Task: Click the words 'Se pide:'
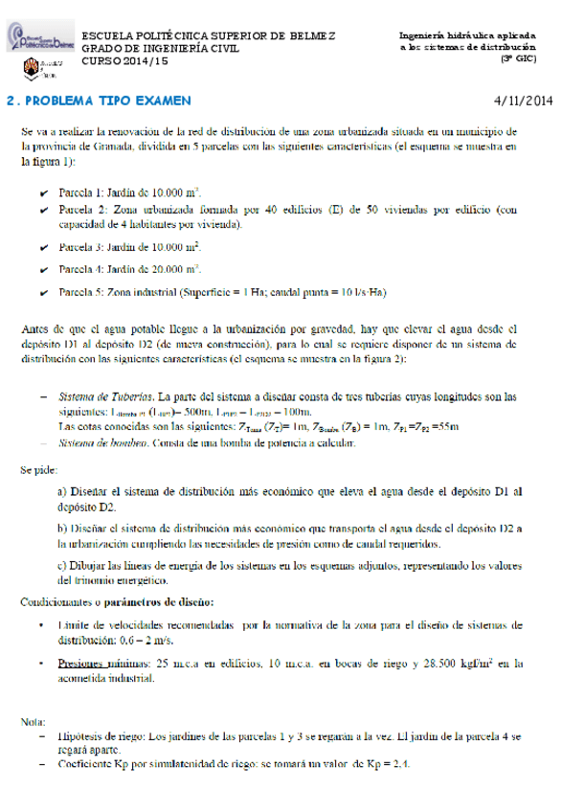pos(38,470)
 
